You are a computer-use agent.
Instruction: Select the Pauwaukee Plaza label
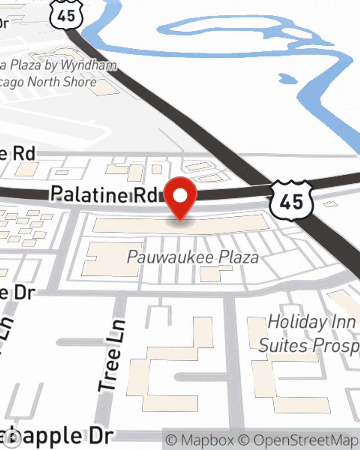pyautogui.click(x=193, y=257)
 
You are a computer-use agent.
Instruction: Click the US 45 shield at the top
pyautogui.click(x=67, y=14)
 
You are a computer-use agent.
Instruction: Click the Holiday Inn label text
pyautogui.click(x=312, y=321)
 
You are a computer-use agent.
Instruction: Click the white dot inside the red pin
pyautogui.click(x=180, y=195)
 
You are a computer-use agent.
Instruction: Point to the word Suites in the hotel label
pyautogui.click(x=283, y=346)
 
